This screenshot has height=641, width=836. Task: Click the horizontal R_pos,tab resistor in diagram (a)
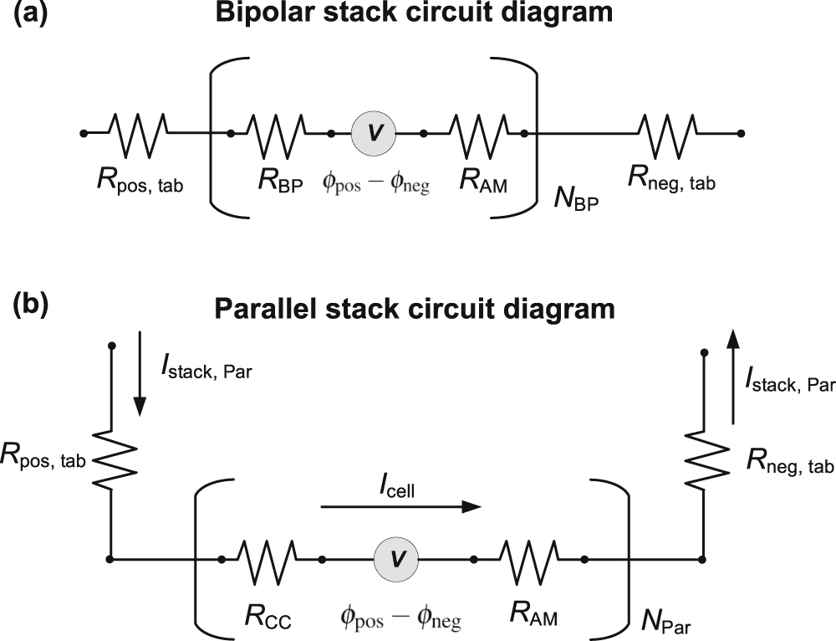140,132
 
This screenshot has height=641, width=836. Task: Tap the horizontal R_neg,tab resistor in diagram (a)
667,132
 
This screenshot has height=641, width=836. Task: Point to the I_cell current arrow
401,506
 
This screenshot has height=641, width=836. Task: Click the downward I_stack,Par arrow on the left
140,373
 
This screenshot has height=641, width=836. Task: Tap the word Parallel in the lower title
265,309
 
